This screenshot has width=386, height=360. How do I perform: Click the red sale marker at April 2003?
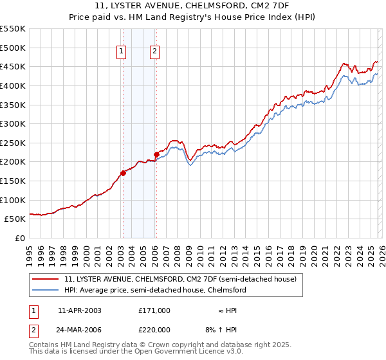[x=123, y=173]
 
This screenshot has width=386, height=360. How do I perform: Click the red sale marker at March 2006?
[x=156, y=154]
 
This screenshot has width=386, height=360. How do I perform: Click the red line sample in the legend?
[x=46, y=280]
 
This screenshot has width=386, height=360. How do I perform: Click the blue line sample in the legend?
[x=46, y=290]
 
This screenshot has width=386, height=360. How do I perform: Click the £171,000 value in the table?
[x=154, y=310]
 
